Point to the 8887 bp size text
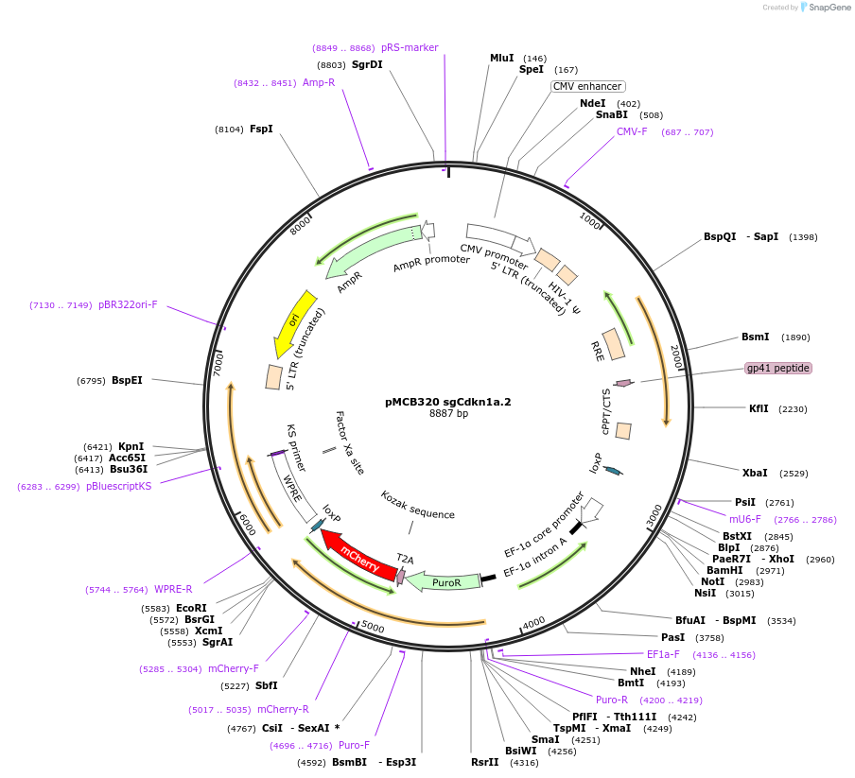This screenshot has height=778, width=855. point(448,413)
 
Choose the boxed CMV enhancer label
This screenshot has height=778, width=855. point(587,86)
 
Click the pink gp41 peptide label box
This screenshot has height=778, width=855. point(777,368)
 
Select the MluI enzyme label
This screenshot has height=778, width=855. point(501,58)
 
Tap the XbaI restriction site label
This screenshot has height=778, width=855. point(755,473)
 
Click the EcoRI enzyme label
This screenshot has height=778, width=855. point(191,608)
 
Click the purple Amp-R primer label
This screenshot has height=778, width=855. point(319,82)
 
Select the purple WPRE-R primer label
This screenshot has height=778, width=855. point(173,589)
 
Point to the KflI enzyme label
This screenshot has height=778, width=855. point(759,408)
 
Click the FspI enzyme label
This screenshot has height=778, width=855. point(261,129)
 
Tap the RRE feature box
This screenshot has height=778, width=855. point(614,344)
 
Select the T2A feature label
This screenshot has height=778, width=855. point(405,559)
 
